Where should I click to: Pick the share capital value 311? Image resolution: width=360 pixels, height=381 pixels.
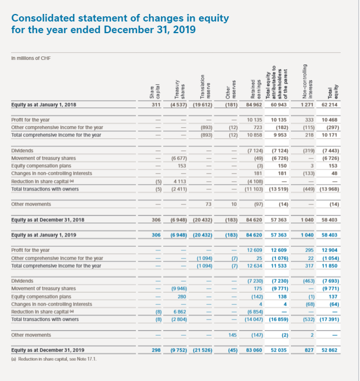click(x=156, y=105)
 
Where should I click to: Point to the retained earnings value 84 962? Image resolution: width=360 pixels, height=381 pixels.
click(x=250, y=105)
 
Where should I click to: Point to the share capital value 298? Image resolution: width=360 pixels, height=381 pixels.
click(x=156, y=350)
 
